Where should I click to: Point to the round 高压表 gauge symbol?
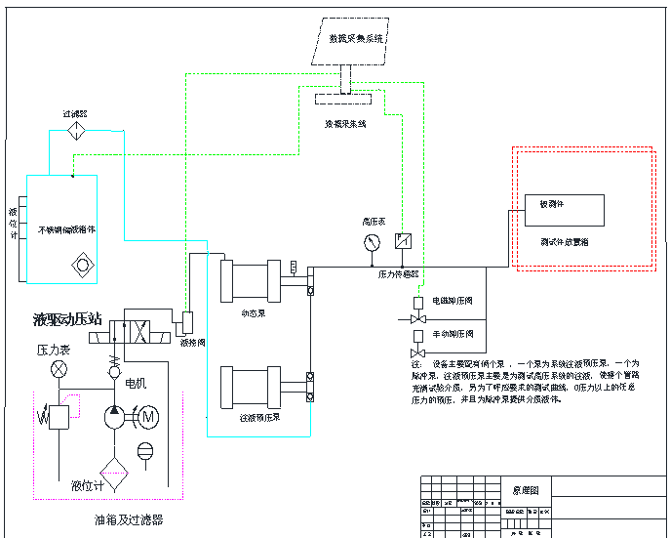[x=372, y=241]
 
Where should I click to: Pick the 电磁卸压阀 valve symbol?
[x=418, y=319]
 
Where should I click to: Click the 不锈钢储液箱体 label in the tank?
[x=66, y=230]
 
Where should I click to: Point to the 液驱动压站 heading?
[x=67, y=319]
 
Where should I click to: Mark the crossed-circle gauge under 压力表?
[x=59, y=369]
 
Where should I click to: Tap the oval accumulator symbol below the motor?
[x=146, y=450]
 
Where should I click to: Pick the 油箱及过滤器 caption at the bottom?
[x=128, y=519]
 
